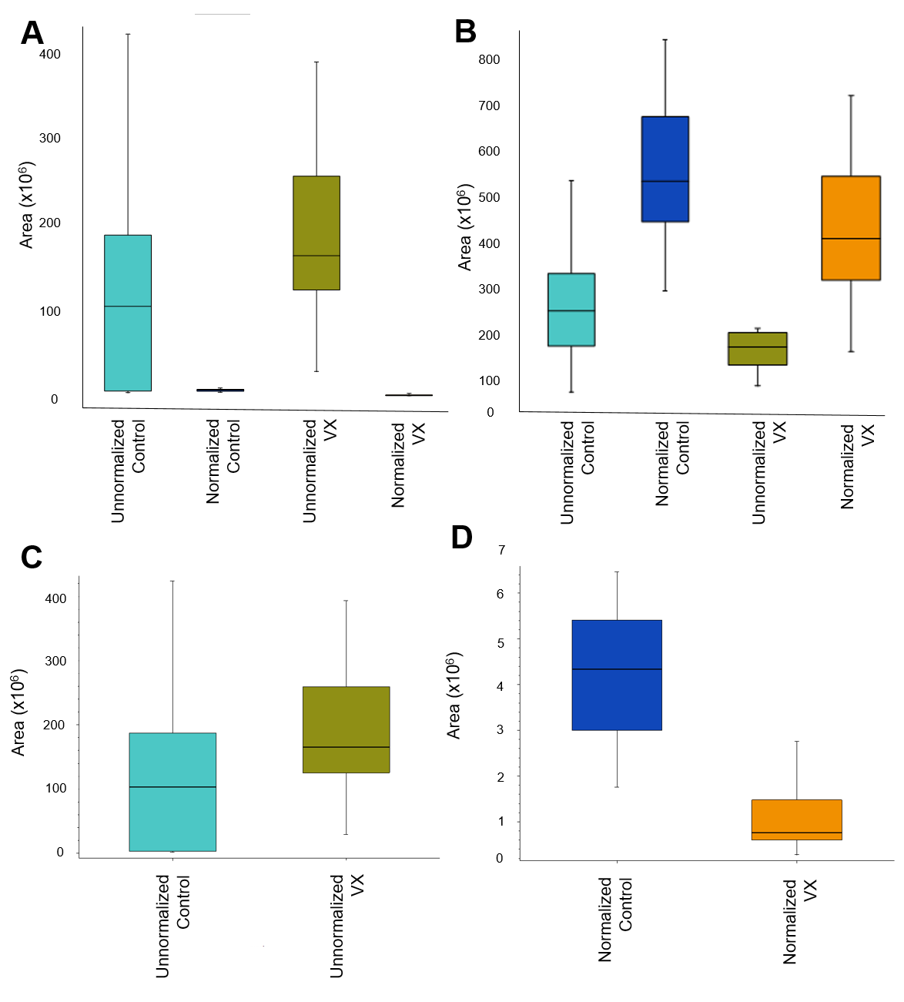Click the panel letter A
(x=32, y=33)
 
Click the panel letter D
(x=461, y=538)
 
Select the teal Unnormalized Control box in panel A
(x=128, y=313)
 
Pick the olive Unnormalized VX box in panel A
(x=316, y=233)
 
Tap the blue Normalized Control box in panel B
(x=665, y=169)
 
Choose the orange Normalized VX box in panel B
(x=851, y=228)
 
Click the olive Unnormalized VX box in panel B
(x=758, y=349)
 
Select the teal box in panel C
(x=172, y=792)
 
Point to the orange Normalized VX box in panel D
(x=797, y=819)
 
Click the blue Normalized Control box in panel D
(x=617, y=675)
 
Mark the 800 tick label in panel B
(x=489, y=59)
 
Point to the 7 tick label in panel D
(x=501, y=550)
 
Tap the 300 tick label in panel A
(x=50, y=139)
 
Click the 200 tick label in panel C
(x=55, y=725)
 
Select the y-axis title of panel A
(x=27, y=206)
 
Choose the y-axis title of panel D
(x=454, y=696)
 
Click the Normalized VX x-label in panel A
(x=408, y=464)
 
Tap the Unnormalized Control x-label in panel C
(x=172, y=926)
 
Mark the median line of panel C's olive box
(x=347, y=747)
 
